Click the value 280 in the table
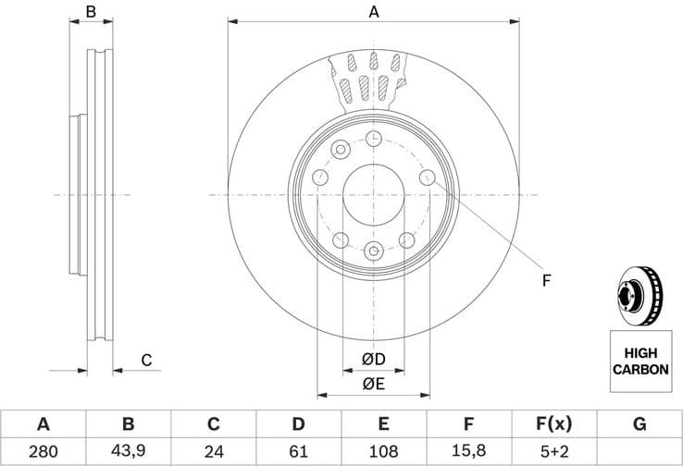[x=43, y=452]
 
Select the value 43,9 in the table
[x=128, y=452]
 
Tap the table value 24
[x=213, y=452]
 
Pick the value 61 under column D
[x=298, y=452]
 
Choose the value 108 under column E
[x=383, y=452]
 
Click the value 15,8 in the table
[x=468, y=452]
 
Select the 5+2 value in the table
[x=553, y=452]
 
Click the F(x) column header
[x=553, y=424]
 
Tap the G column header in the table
[x=639, y=424]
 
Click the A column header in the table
[x=43, y=424]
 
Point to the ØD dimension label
[x=373, y=359]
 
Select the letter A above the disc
[x=374, y=12]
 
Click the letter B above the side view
[x=91, y=12]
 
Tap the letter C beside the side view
[x=145, y=361]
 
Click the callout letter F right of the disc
[x=546, y=279]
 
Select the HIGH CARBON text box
[x=640, y=361]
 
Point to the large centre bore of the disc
[x=374, y=195]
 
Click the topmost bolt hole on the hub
[x=374, y=139]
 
